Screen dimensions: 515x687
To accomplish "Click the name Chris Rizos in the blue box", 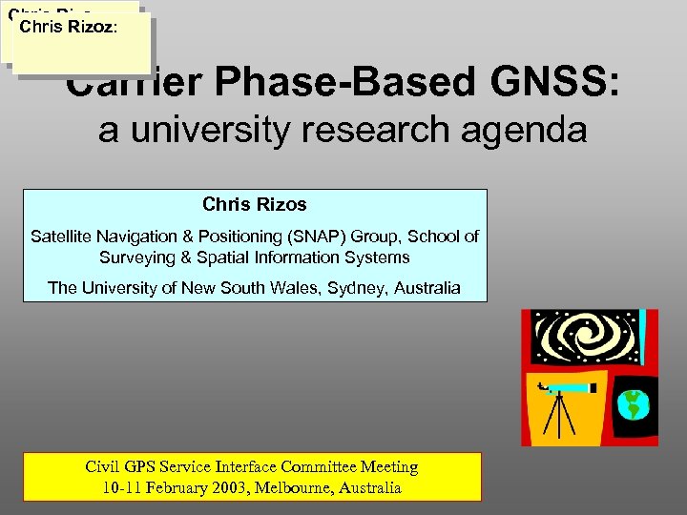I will pos(255,204).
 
